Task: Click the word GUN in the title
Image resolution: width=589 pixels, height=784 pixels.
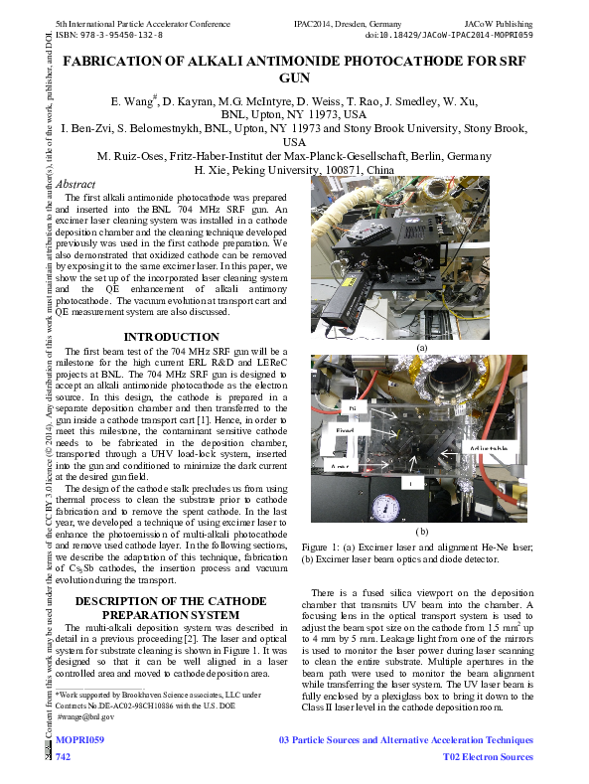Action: click(x=295, y=78)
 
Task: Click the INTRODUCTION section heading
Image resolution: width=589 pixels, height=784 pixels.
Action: click(x=172, y=337)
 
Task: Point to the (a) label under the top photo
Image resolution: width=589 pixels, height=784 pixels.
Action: click(x=421, y=348)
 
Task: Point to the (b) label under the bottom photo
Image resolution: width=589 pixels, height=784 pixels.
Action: click(x=421, y=532)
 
